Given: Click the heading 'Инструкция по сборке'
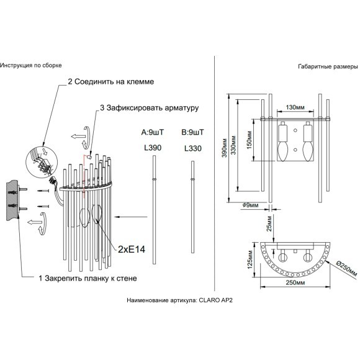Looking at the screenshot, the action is pyautogui.click(x=31, y=65).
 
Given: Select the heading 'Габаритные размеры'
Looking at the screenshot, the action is pyautogui.click(x=328, y=66).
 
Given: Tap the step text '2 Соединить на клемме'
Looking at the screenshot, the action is pyautogui.click(x=111, y=82).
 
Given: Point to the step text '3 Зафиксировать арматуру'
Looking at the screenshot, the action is pyautogui.click(x=149, y=108).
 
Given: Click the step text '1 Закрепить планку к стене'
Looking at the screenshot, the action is pyautogui.click(x=88, y=279).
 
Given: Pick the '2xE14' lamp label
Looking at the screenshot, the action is pyautogui.click(x=132, y=250).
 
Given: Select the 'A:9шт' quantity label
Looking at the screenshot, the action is pyautogui.click(x=153, y=132).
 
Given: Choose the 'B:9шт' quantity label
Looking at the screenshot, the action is pyautogui.click(x=192, y=132).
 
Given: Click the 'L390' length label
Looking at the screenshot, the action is pyautogui.click(x=153, y=148).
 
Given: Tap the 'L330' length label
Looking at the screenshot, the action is pyautogui.click(x=193, y=148).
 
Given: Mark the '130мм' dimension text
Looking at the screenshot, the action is pyautogui.click(x=295, y=107).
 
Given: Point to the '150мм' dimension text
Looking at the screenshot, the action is pyautogui.click(x=250, y=140).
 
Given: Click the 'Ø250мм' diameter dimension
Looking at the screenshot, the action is pyautogui.click(x=346, y=269).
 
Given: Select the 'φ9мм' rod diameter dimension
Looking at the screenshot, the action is pyautogui.click(x=251, y=205).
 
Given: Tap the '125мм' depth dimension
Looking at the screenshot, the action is pyautogui.click(x=250, y=259).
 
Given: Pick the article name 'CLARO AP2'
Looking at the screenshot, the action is pyautogui.click(x=215, y=300).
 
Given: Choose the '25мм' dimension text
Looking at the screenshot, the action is pyautogui.click(x=269, y=223).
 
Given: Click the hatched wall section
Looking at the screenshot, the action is pyautogui.click(x=12, y=200).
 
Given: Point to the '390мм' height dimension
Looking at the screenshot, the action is pyautogui.click(x=224, y=148).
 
